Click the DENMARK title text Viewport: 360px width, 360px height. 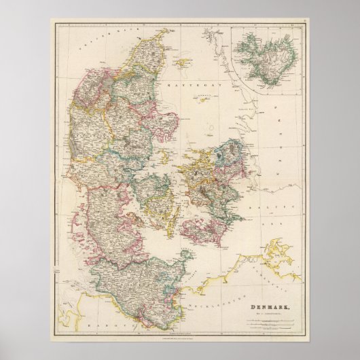click(x=270, y=289)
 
